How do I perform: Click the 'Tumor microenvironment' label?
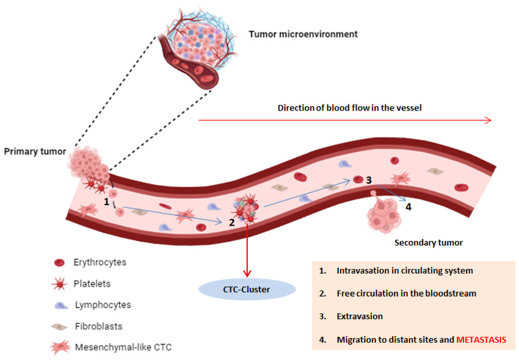[303, 34]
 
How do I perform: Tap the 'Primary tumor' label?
[34, 151]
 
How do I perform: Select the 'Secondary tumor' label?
[428, 242]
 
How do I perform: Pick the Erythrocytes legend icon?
[60, 263]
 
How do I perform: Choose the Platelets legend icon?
[60, 284]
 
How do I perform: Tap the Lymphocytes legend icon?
[60, 304]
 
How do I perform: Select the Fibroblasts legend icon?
[60, 325]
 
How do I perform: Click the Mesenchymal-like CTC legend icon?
[60, 347]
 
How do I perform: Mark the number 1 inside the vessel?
[106, 201]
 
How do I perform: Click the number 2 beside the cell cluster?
[232, 222]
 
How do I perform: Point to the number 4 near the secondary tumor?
[409, 207]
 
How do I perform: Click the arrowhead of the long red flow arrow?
[488, 120]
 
